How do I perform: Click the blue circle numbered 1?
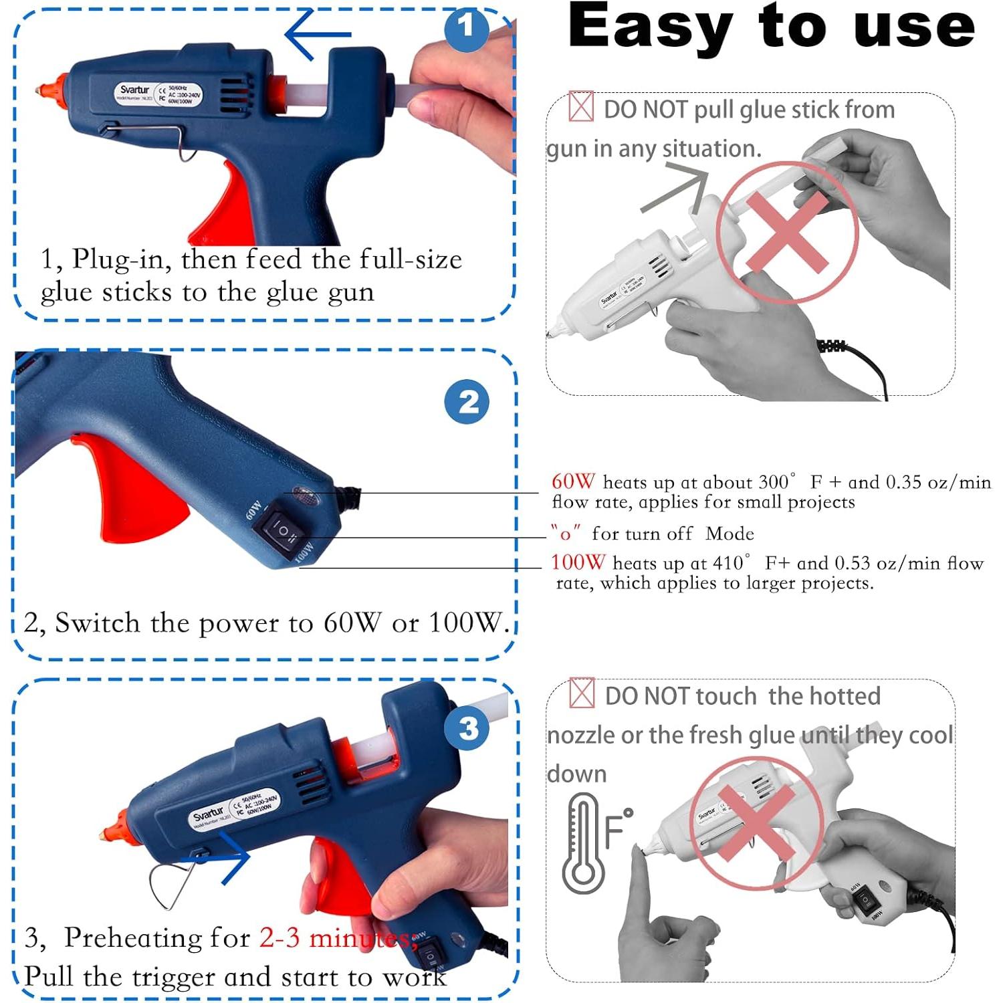pyautogui.click(x=467, y=28)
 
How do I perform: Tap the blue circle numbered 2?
pyautogui.click(x=467, y=401)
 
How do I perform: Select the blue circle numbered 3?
pyautogui.click(x=469, y=728)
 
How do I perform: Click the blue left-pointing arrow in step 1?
pyautogui.click(x=317, y=34)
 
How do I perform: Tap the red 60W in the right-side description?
pyautogui.click(x=573, y=481)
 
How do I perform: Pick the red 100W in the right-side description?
pyautogui.click(x=578, y=562)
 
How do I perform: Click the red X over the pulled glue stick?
pyautogui.click(x=787, y=232)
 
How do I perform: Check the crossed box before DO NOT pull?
pyautogui.click(x=581, y=106)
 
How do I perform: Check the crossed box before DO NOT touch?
pyautogui.click(x=582, y=693)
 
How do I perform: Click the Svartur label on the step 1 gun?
pyautogui.click(x=134, y=90)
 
